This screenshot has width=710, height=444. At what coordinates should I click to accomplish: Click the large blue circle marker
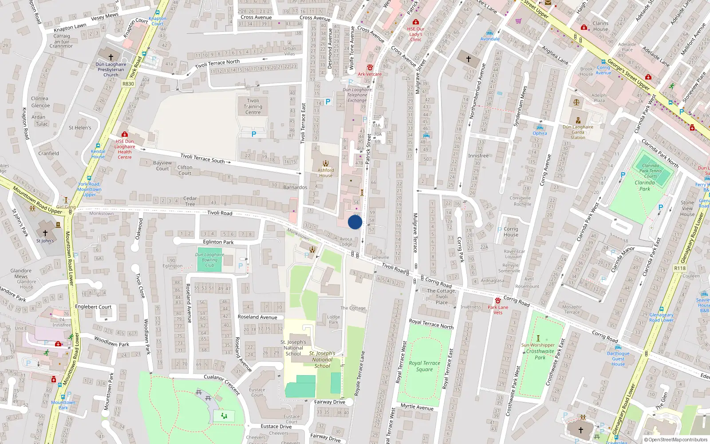(355, 222)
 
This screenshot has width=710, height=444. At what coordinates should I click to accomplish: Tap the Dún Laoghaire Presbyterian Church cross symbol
(111, 57)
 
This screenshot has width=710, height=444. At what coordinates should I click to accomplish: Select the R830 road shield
(128, 83)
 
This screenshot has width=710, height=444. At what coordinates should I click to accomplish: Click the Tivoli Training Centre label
(253, 107)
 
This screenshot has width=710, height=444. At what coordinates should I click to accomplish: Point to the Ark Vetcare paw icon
(370, 67)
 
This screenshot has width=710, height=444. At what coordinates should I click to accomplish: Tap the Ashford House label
(326, 173)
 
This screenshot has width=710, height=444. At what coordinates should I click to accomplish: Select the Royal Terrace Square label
(424, 366)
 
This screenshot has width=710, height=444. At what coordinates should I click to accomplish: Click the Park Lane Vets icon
(498, 301)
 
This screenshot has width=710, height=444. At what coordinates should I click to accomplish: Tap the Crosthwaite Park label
(540, 354)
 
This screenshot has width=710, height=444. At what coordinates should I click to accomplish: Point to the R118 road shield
(679, 268)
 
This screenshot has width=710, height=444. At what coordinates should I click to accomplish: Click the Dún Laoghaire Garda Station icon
(578, 120)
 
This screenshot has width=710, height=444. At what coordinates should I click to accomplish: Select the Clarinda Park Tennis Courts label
(651, 170)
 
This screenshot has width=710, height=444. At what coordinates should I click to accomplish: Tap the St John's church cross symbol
(45, 233)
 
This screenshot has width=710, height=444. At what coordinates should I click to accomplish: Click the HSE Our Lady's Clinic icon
(415, 22)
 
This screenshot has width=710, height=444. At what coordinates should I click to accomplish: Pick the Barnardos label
(295, 187)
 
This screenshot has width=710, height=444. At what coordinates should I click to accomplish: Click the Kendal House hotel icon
(98, 146)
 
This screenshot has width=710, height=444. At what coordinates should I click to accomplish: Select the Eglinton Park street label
(218, 242)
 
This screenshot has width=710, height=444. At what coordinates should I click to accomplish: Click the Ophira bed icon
(540, 127)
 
